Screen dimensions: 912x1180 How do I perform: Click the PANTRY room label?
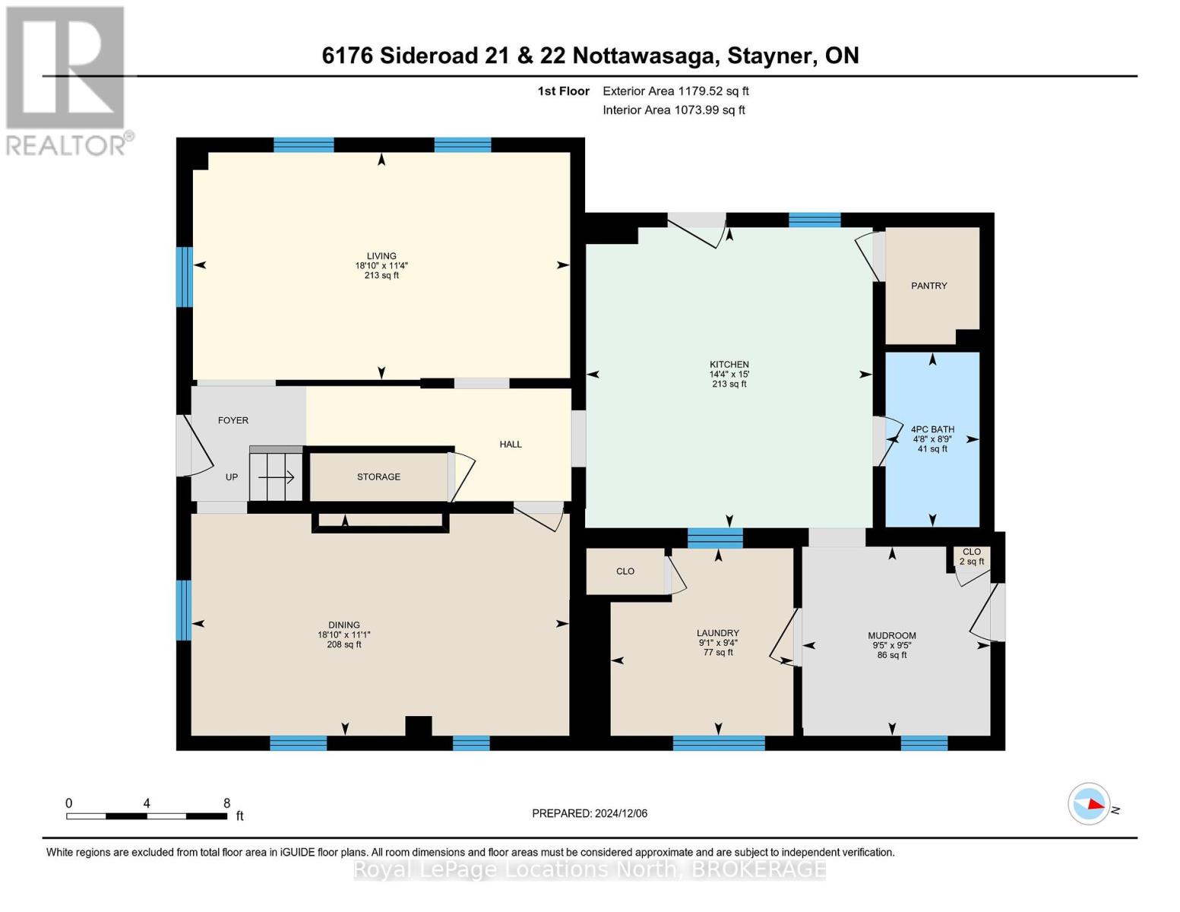[928, 286]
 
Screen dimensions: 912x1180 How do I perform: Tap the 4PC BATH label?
[932, 429]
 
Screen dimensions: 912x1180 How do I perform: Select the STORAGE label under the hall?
[378, 477]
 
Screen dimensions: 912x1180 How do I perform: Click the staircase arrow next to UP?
[277, 477]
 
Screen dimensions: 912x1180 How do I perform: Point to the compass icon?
[1089, 803]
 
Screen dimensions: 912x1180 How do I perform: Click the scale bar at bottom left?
[147, 815]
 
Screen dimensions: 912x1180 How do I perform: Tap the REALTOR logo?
[67, 81]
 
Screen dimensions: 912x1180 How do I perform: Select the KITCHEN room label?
[729, 365]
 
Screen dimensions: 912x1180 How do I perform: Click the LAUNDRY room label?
[717, 633]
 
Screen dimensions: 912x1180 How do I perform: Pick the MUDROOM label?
[892, 635]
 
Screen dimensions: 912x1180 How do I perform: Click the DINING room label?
[344, 625]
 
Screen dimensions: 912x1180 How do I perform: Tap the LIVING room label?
[381, 256]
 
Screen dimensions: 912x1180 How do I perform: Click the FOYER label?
[233, 420]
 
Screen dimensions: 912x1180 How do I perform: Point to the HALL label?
[511, 444]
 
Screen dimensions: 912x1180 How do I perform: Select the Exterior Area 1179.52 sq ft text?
[675, 91]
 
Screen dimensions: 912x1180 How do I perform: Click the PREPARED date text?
[590, 813]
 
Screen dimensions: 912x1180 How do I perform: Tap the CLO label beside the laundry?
[625, 572]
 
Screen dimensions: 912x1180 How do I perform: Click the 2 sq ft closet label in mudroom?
[972, 562]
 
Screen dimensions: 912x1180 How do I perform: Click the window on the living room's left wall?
[184, 277]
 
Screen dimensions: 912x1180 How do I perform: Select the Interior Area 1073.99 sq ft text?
[674, 110]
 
